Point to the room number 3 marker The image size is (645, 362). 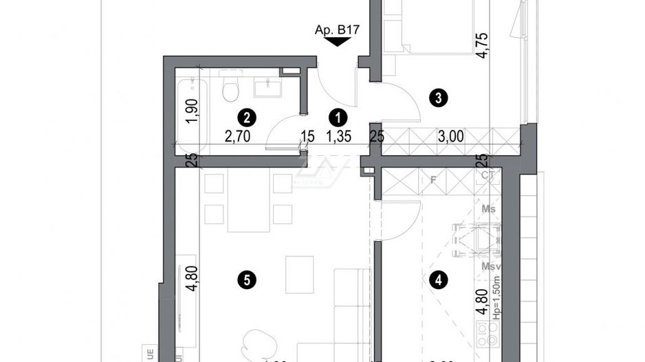434,98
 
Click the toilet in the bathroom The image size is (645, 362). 230,90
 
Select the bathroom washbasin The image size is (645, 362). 264,87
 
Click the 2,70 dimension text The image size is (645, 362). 237,136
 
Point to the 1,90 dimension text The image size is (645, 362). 193,111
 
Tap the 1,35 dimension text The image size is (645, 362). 339,136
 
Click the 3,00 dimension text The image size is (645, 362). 450,136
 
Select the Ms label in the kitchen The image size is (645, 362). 489,208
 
